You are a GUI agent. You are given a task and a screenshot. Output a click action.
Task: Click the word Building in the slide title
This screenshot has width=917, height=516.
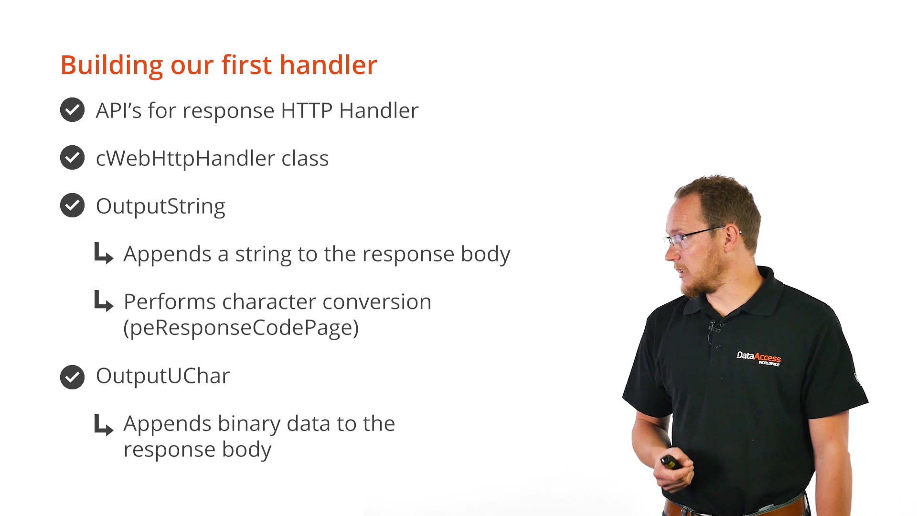112,65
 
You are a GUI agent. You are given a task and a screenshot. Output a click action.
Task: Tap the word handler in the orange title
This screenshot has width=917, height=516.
329,64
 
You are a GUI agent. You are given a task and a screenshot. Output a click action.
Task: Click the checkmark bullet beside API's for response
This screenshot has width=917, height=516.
72,110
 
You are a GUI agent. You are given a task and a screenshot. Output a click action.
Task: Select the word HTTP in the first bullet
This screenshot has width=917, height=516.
307,110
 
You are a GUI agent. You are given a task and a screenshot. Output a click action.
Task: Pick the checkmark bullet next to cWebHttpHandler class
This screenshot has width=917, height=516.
72,158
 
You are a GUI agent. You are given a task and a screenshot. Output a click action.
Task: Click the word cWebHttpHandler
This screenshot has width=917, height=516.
185,159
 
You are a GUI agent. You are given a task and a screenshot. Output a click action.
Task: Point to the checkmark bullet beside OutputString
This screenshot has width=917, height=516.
72,205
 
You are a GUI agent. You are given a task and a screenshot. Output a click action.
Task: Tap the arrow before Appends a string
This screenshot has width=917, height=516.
104,253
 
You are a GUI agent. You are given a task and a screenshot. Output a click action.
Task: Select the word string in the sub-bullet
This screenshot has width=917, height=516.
263,254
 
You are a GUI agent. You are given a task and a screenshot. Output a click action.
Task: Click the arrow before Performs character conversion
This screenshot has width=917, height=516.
104,301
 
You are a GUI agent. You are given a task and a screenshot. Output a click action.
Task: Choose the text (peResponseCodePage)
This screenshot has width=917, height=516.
241,328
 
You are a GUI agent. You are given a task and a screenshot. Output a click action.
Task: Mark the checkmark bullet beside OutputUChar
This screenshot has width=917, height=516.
72,377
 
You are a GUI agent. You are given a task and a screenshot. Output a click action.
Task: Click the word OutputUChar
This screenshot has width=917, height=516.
163,376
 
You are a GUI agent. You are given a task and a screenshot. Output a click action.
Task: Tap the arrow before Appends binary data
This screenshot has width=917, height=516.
104,425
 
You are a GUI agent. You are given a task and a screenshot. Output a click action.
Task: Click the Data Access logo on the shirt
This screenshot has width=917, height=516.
759,358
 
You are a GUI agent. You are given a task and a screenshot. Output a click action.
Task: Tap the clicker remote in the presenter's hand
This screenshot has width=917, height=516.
671,462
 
